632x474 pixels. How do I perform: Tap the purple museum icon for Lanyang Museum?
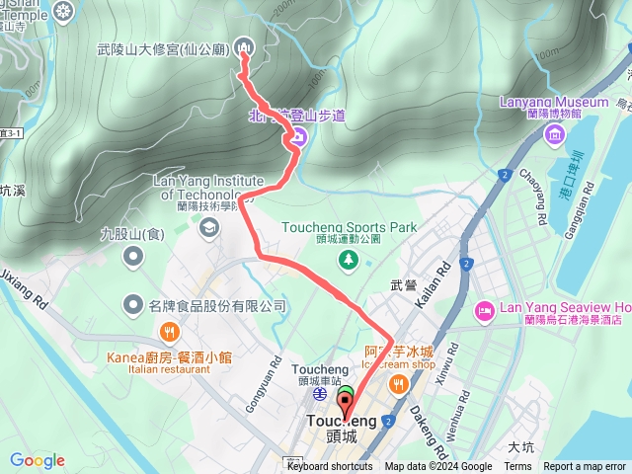[555, 135]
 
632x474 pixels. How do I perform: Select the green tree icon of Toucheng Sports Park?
[348, 259]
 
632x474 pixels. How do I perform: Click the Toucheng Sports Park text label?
[350, 227]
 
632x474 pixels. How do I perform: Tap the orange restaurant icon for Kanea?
[170, 332]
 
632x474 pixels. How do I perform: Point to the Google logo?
[38, 460]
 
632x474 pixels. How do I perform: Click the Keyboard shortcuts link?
[330, 467]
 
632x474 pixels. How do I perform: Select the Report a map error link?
[586, 467]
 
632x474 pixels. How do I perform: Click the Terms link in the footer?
[517, 467]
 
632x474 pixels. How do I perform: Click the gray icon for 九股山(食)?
[134, 259]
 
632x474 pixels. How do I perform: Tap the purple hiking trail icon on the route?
[296, 143]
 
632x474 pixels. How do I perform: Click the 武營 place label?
[403, 284]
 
